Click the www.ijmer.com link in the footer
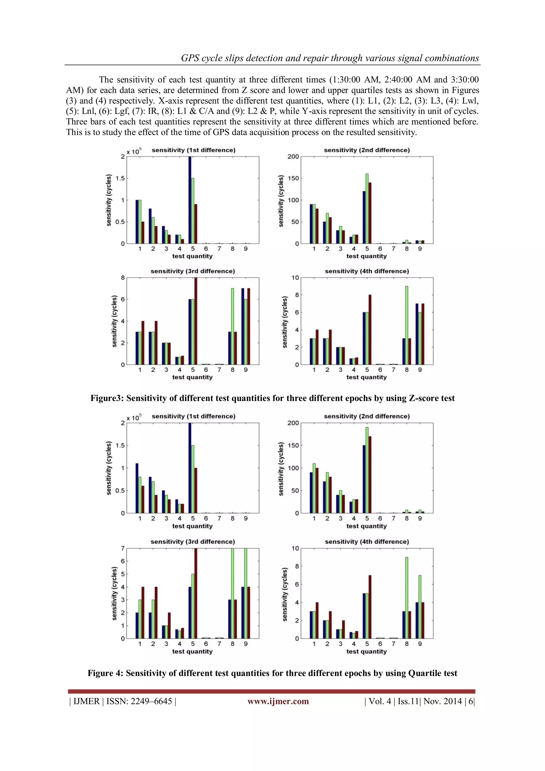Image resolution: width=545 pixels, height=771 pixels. [x=278, y=701]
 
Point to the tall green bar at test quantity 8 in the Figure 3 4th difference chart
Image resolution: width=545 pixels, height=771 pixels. [x=407, y=325]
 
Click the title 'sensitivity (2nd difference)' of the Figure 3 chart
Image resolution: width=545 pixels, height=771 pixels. [x=366, y=150]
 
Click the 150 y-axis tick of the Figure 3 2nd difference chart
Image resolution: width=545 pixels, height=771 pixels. [x=293, y=178]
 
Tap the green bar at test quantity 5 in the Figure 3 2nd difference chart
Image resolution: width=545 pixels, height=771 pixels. [x=367, y=208]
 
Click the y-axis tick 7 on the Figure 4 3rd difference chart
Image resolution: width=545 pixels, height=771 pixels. [x=123, y=548]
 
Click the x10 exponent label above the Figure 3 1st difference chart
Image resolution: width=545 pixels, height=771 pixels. [x=134, y=151]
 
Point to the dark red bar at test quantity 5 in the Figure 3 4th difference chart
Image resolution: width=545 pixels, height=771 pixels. [x=370, y=329]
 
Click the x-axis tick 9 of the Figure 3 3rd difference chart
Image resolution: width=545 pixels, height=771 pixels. [x=246, y=370]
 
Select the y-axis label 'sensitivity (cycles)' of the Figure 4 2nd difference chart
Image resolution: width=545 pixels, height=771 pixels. [x=281, y=469]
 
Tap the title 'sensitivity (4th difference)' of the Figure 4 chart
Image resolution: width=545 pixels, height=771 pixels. [x=366, y=542]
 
